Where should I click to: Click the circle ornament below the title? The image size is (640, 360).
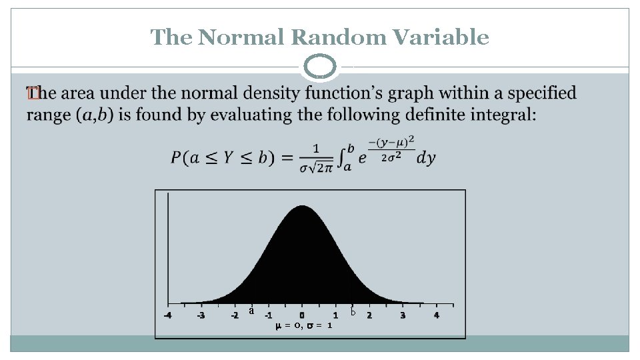coord(320,68)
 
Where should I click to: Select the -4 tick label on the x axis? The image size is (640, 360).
coord(167,315)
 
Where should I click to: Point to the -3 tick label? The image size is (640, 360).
coord(201,315)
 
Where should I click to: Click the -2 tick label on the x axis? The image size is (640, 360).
coord(234,315)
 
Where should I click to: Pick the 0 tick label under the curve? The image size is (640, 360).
coord(302,315)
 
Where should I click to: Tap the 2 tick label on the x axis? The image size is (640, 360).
coord(369,315)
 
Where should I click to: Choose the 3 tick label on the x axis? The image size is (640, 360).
coord(403,315)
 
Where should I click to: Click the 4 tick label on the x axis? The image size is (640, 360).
coord(436,315)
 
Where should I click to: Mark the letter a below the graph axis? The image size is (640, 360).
coord(251,310)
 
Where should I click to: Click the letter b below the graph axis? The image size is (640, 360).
coord(353,311)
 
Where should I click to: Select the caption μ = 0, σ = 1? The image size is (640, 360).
coord(304,326)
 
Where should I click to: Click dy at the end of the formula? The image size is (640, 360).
coord(425,158)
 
